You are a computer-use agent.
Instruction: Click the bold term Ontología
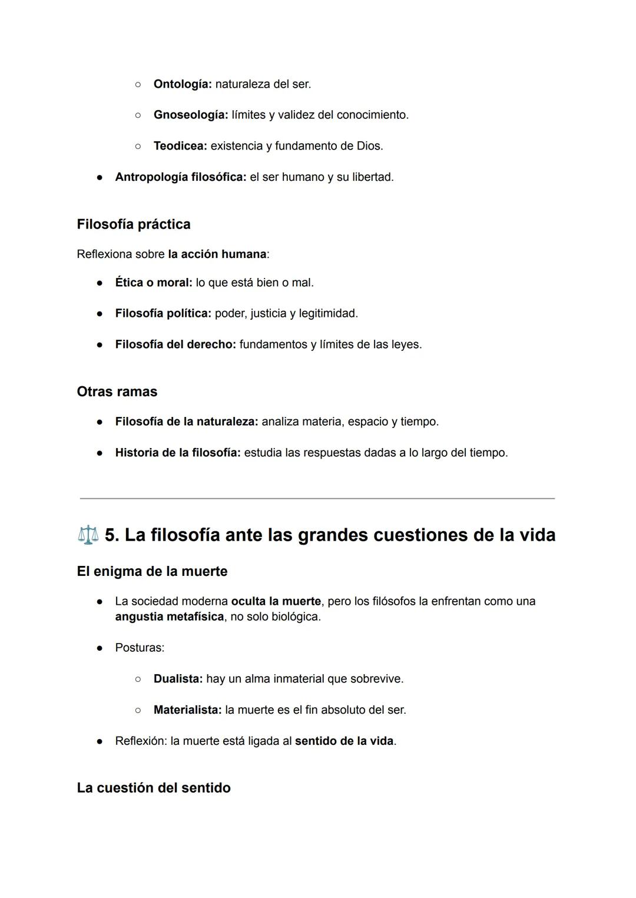pyautogui.click(x=182, y=84)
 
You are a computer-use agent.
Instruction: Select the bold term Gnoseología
pyautogui.click(x=190, y=115)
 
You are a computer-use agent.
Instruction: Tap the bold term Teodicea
pyautogui.click(x=180, y=146)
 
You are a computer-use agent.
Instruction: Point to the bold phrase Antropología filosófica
pyautogui.click(x=180, y=177)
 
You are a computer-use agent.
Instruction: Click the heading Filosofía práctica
pyautogui.click(x=134, y=224)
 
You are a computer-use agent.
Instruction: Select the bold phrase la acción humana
pyautogui.click(x=217, y=254)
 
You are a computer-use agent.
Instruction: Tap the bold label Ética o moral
pyautogui.click(x=154, y=283)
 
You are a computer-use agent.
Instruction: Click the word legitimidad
pyautogui.click(x=328, y=313)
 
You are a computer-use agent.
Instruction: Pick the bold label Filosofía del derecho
pyautogui.click(x=175, y=344)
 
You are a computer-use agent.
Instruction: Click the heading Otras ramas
pyautogui.click(x=117, y=392)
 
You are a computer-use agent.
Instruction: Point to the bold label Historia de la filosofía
pyautogui.click(x=178, y=453)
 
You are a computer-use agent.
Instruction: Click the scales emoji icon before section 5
pyautogui.click(x=88, y=535)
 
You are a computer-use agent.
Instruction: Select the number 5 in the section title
pyautogui.click(x=111, y=535)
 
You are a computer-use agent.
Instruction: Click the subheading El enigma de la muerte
pyautogui.click(x=152, y=571)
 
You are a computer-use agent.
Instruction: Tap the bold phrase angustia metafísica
pyautogui.click(x=169, y=617)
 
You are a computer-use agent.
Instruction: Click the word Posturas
pyautogui.click(x=139, y=648)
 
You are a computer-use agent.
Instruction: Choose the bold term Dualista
pyautogui.click(x=178, y=679)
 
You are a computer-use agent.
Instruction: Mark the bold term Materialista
pyautogui.click(x=187, y=710)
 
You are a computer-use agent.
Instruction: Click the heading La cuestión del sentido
pyautogui.click(x=154, y=788)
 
